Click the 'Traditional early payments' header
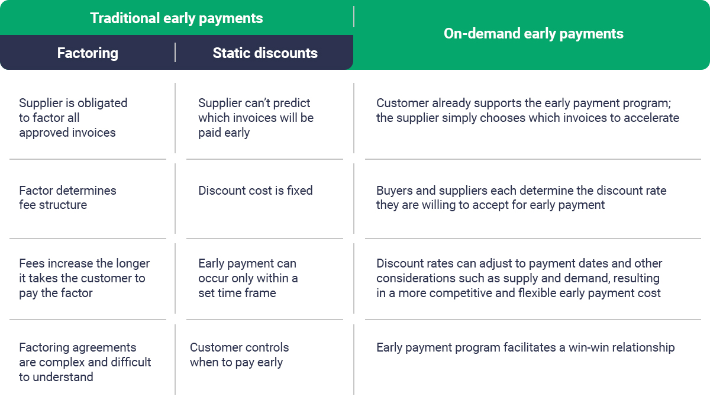click(176, 18)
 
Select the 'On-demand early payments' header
click(533, 34)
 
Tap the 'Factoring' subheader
click(88, 53)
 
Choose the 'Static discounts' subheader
click(265, 53)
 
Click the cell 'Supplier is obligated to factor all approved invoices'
click(73, 118)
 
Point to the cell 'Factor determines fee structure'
click(67, 198)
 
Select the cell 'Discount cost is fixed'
click(255, 191)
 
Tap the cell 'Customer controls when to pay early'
click(239, 355)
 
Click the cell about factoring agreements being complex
click(85, 362)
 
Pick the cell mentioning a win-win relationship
click(525, 347)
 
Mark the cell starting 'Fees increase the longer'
click(84, 278)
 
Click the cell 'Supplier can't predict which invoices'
click(256, 118)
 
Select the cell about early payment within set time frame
click(247, 278)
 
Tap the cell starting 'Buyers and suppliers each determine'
click(521, 198)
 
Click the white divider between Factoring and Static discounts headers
click(175, 53)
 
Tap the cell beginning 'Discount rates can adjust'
click(519, 278)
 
